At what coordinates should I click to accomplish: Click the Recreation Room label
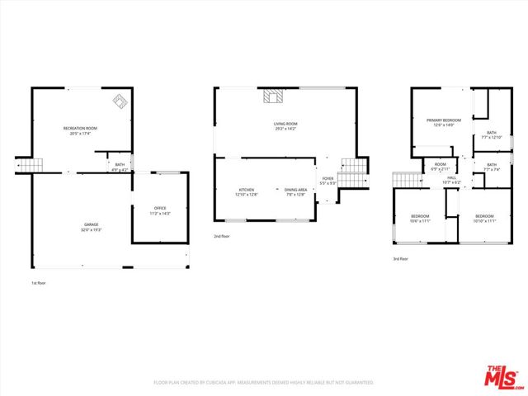pyautogui.click(x=81, y=130)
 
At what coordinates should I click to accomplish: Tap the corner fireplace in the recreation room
pyautogui.click(x=120, y=101)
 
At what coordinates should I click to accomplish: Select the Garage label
pyautogui.click(x=91, y=224)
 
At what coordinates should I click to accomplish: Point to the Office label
pyautogui.click(x=160, y=210)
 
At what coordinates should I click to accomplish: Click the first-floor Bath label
pyautogui.click(x=120, y=166)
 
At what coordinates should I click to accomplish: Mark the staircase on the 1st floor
pyautogui.click(x=31, y=166)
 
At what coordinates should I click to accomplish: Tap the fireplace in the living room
pyautogui.click(x=273, y=97)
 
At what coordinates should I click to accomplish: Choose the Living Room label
pyautogui.click(x=285, y=126)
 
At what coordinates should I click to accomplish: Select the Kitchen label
pyautogui.click(x=247, y=191)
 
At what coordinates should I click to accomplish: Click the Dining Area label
pyautogui.click(x=295, y=191)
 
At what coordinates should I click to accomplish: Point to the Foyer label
pyautogui.click(x=328, y=181)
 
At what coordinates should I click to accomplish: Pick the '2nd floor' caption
pyautogui.click(x=222, y=236)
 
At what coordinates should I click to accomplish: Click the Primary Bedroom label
pyautogui.click(x=444, y=122)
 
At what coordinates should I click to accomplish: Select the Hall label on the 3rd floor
pyautogui.click(x=452, y=179)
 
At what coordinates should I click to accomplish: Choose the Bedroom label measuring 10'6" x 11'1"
pyautogui.click(x=421, y=219)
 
